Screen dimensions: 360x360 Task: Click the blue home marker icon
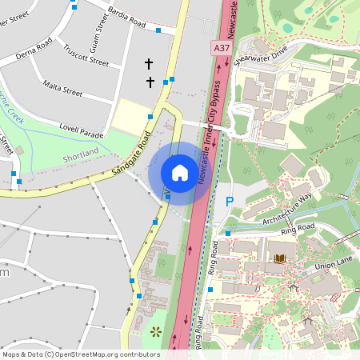pos(180,173)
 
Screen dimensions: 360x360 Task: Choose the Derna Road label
pos(34,49)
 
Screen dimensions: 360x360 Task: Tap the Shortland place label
pos(81,152)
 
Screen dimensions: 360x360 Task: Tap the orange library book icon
pos(279,258)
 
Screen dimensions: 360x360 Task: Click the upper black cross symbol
pos(148,63)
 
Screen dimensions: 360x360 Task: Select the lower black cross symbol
pos(150,82)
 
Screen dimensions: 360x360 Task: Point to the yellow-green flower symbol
pos(155,331)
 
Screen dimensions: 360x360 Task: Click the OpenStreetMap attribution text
pos(82,354)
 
